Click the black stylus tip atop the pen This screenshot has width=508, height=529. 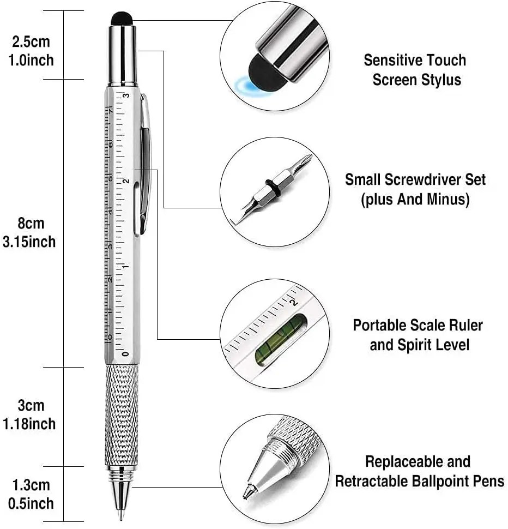coord(122,19)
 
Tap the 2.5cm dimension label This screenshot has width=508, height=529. coord(31,41)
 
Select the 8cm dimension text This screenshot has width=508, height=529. coord(31,224)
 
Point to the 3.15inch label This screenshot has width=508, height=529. coord(29,242)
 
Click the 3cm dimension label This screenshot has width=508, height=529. coord(31,406)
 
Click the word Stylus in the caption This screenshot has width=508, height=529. coord(440,80)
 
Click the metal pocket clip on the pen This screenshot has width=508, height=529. coord(145,164)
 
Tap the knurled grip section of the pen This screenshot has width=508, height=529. coord(121,414)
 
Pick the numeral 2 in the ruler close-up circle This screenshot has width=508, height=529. coord(295,302)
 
